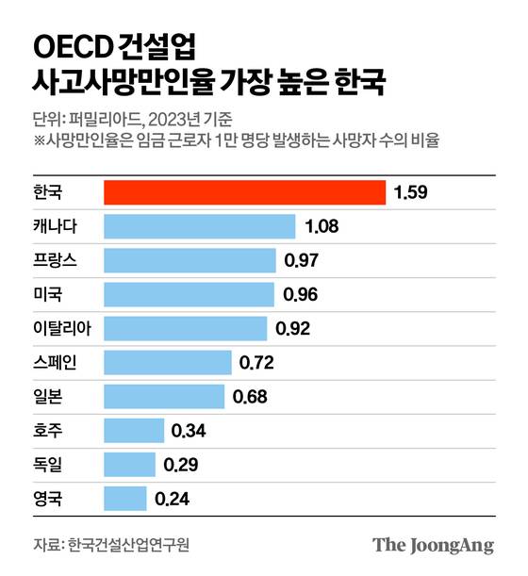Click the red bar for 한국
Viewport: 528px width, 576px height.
coord(244,192)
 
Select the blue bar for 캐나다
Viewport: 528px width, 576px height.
coord(200,226)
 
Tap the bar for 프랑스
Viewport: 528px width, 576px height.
coord(190,260)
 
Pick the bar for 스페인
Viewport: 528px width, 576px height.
coord(168,362)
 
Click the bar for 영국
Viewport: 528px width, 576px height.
coord(124,498)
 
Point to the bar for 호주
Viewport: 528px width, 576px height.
coord(134,431)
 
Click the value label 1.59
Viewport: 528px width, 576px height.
coord(411,192)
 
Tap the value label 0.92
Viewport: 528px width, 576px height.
coord(292,329)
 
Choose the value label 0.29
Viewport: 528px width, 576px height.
coord(182,465)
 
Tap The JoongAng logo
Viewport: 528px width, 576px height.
coord(433,545)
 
